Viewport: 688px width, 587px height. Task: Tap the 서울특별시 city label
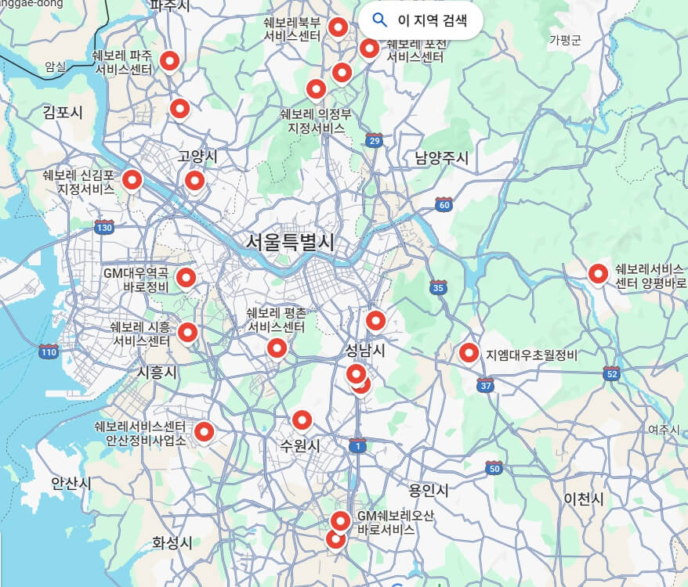[x=290, y=242]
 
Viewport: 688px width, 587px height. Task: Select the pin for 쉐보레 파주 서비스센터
[x=169, y=60]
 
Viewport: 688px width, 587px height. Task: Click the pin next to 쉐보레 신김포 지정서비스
[x=132, y=180]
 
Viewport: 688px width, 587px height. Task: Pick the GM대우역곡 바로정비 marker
[x=186, y=276]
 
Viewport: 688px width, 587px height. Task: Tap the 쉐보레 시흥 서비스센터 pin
[x=187, y=332]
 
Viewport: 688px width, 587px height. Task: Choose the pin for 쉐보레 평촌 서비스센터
[x=276, y=348]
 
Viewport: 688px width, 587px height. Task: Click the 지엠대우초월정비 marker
[x=469, y=353]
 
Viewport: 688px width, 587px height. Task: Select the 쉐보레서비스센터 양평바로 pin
[x=598, y=273]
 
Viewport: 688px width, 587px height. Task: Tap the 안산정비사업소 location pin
[x=204, y=430]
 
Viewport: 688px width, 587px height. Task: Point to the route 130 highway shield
[x=103, y=227]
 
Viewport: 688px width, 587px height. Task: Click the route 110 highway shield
[x=49, y=351]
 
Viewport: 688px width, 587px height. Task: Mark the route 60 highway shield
[x=444, y=205]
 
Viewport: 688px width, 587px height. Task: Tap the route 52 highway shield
[x=612, y=374]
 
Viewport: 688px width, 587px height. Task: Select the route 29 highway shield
[x=375, y=140]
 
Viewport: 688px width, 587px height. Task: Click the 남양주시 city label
[x=442, y=158]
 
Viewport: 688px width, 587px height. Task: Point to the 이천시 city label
[x=584, y=499]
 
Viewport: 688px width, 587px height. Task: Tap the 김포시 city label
[x=63, y=113]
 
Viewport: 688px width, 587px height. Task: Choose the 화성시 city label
[x=172, y=542]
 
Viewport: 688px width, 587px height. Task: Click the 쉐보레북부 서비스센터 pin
[x=338, y=27]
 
